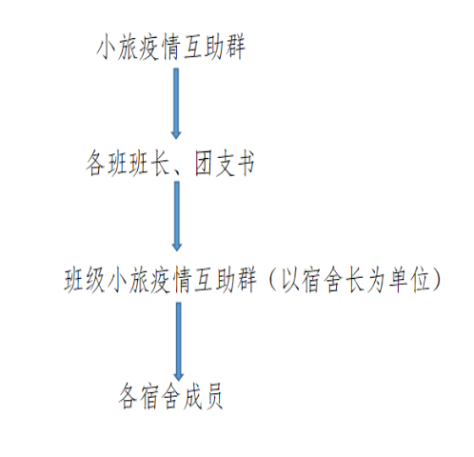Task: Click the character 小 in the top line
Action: pos(107,48)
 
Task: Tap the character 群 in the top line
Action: pos(235,48)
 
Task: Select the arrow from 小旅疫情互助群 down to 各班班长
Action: pos(176,104)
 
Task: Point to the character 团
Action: pos(204,164)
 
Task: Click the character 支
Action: pos(225,164)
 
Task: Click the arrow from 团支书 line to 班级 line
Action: pos(177,216)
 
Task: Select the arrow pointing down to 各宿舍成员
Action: pos(179,342)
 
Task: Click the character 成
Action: pos(192,397)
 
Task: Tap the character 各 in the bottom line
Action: pos(128,397)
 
